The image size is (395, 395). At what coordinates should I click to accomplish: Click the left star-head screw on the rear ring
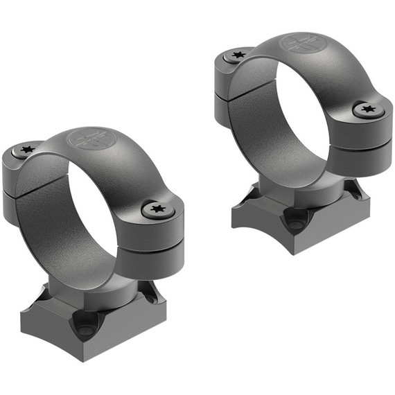tap(238, 55)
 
